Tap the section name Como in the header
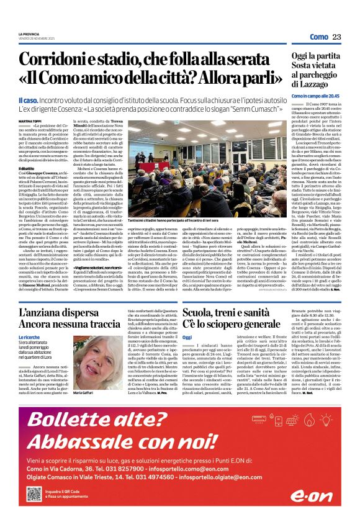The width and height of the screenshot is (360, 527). pyautogui.click(x=318, y=37)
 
